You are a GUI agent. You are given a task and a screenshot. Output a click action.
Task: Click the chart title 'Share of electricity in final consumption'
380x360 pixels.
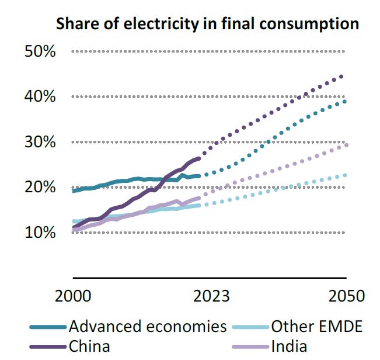point(207,24)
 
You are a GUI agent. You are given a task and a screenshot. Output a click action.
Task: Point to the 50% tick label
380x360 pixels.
point(40,51)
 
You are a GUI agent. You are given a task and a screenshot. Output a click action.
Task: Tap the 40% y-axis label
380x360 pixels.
point(40,96)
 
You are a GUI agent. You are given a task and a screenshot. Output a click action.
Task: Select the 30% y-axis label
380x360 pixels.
point(40,142)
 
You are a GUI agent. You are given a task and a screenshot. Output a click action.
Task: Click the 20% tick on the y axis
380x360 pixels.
point(40,187)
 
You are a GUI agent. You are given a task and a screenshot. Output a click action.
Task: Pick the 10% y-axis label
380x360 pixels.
point(40,233)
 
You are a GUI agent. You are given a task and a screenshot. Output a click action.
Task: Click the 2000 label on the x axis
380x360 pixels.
point(73,295)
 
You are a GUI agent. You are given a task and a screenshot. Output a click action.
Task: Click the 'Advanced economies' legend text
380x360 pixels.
point(147,326)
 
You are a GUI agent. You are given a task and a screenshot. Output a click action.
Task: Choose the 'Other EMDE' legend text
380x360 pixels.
point(317,326)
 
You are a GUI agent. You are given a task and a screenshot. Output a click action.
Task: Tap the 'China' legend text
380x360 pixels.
point(89,345)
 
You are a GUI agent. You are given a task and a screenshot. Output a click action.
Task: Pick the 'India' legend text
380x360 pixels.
point(289,345)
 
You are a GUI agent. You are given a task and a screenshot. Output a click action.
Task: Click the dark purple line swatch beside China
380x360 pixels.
point(47,346)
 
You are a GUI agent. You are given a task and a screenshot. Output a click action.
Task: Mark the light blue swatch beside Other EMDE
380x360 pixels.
point(250,327)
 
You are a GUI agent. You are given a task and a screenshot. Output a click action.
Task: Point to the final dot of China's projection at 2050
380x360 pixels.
point(341,77)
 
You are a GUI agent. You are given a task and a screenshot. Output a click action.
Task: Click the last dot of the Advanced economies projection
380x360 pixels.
point(345,102)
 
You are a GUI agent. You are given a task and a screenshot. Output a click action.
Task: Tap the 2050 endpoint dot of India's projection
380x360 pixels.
point(347,145)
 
